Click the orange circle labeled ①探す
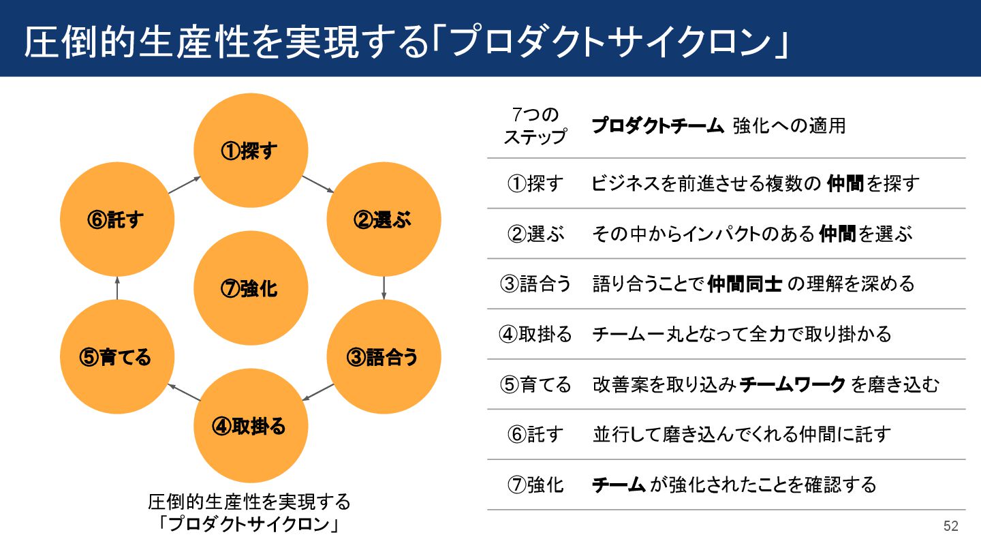251,151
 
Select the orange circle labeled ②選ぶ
384,219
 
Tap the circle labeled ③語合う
384,357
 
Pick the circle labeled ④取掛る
251,427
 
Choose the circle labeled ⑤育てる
116,357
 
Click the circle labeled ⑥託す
116,219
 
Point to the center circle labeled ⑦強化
251,288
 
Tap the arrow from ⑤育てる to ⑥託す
116,288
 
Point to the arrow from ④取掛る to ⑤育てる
184,392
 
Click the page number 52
950,526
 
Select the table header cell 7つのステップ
535,125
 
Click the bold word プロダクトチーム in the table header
657,126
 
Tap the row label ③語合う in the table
535,284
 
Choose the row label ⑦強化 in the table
535,485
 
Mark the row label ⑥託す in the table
535,435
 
